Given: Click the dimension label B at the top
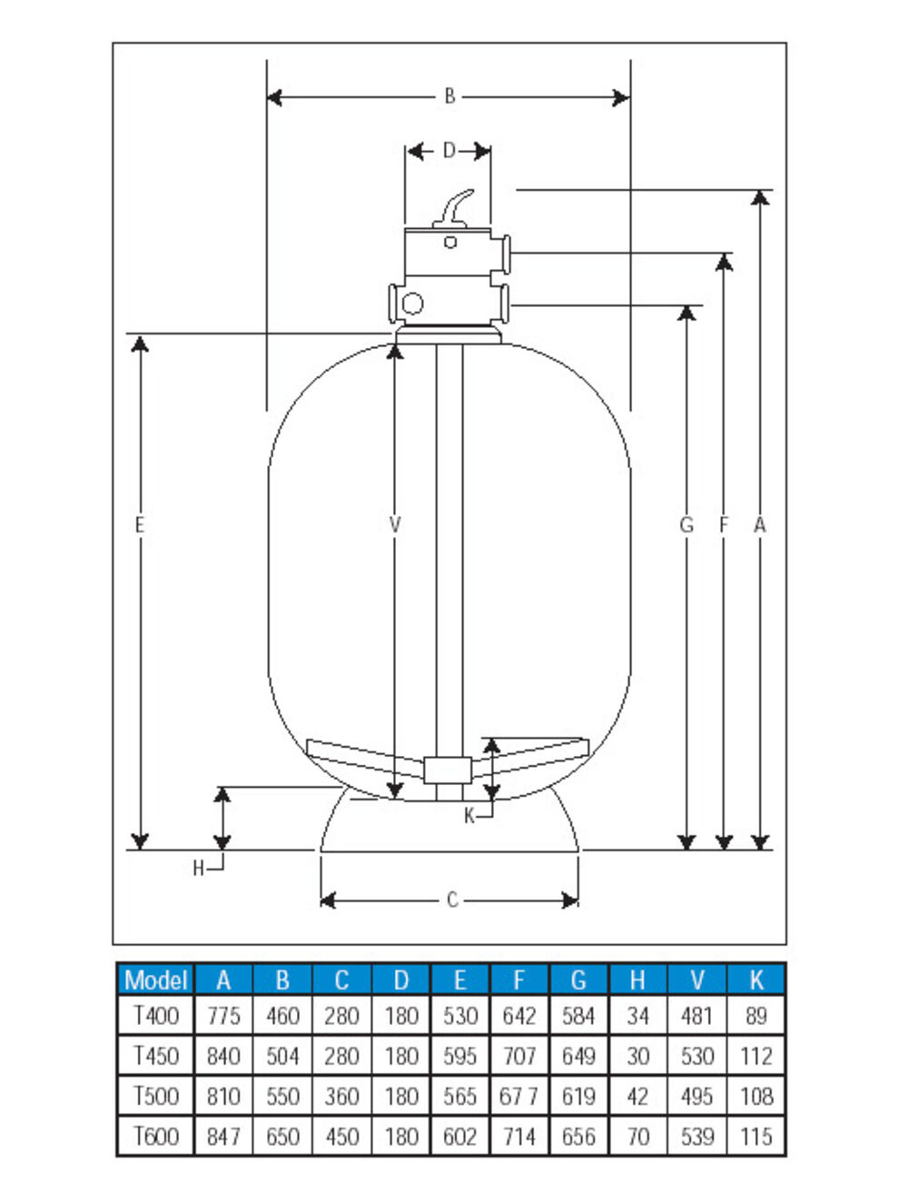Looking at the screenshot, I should pos(449,96).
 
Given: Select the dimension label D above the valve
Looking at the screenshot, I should pos(449,151).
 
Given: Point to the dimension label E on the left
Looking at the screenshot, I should pos(139,525).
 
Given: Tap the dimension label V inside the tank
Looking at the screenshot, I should pos(394,525).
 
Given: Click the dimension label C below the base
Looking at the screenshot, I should pos(451,900).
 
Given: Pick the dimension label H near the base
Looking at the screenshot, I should pos(199,870).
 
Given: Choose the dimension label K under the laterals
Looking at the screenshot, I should pos(469,816).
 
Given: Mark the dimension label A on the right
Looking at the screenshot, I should pos(760,525).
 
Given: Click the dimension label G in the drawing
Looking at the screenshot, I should pos(686,525).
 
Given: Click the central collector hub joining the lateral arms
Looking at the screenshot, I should pos(448,770).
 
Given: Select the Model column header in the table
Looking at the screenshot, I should pos(155,979).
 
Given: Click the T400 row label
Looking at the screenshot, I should pos(155,1016).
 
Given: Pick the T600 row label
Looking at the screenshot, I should pos(155,1136).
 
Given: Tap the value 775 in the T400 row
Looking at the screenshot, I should pos(223,1016).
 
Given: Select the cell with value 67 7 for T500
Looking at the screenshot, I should pos(518,1097).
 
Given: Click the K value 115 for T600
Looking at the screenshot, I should pos(755,1136).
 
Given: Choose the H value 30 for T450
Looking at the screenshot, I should pos(637,1056).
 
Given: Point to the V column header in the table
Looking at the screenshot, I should pos(696,979).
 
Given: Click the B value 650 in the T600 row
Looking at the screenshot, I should pos(282,1136).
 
